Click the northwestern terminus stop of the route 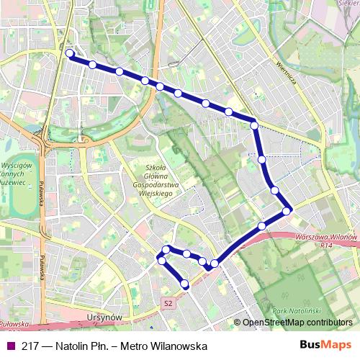70,53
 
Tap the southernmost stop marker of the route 185,284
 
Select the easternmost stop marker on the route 287,210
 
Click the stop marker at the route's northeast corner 254,126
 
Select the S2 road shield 168,303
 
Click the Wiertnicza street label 285,71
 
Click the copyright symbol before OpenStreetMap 238,322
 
